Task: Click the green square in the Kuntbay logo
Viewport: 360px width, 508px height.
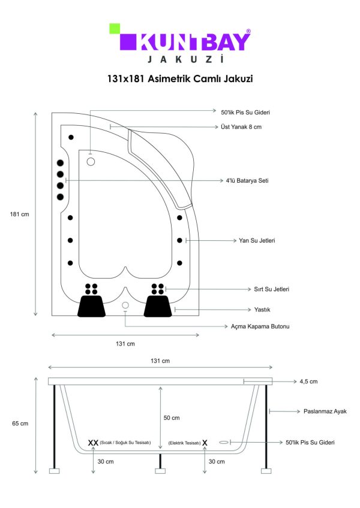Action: (115, 29)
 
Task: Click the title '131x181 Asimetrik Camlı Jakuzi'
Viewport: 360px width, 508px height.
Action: (180, 78)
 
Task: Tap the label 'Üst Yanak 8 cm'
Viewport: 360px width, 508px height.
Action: (241, 127)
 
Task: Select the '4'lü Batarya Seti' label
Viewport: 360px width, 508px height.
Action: (247, 181)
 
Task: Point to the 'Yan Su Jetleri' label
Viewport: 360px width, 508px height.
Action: (257, 240)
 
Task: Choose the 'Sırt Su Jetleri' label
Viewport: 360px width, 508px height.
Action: (271, 289)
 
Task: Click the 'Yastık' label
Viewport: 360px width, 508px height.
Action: (262, 310)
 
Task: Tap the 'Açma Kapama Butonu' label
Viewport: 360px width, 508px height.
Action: (260, 326)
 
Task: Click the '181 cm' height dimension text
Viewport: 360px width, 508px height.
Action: (19, 214)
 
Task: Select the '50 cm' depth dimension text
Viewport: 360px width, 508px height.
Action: (172, 418)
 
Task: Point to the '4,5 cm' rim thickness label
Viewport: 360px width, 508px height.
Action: (308, 382)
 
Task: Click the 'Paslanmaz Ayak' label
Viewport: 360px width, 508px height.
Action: (325, 412)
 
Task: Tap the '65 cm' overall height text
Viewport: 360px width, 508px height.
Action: (20, 424)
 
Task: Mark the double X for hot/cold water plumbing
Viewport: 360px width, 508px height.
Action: (93, 443)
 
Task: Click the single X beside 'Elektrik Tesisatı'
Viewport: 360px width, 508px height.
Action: (205, 443)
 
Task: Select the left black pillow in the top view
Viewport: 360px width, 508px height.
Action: (92, 306)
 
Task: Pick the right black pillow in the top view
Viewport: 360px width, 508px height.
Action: (158, 306)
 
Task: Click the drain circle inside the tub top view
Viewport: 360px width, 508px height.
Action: (91, 162)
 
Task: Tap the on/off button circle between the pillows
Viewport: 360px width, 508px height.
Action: (125, 305)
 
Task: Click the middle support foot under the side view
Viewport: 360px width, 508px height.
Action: (160, 471)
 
